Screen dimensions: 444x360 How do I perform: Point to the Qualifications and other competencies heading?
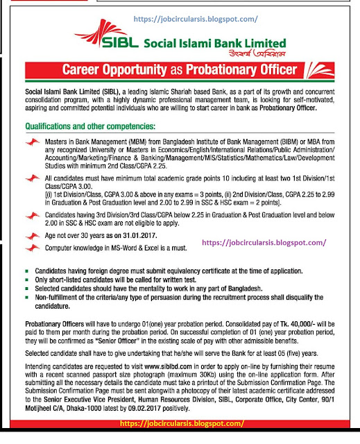click(98, 128)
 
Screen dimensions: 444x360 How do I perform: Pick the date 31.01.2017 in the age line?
click(156, 236)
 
